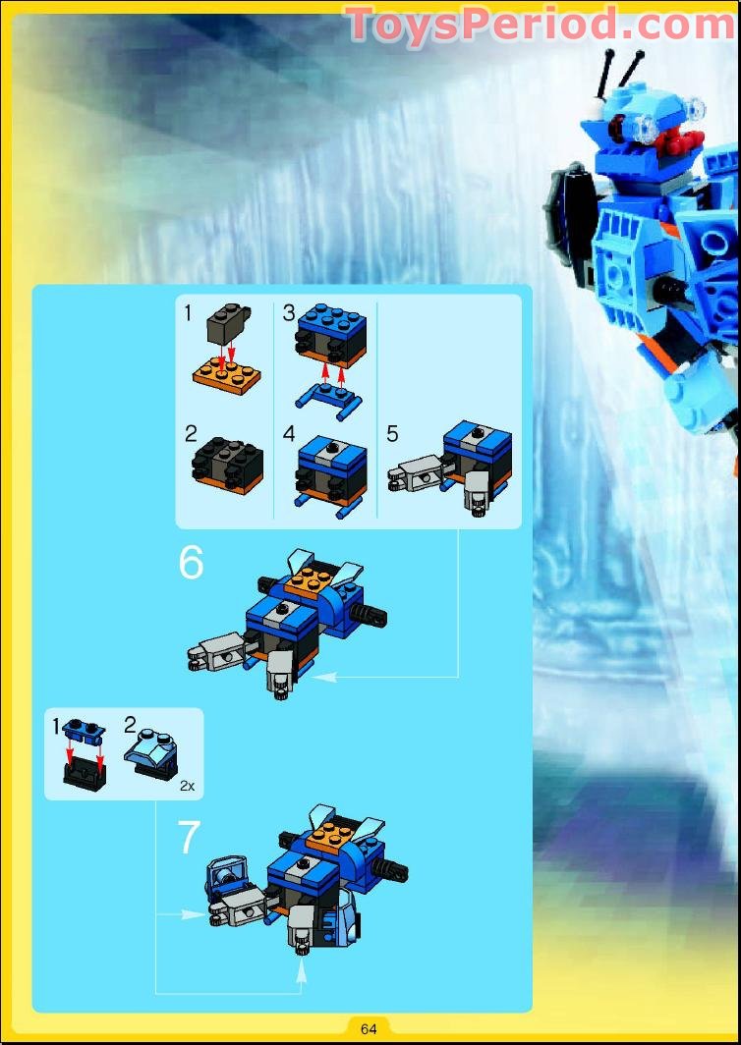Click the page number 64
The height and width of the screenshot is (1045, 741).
coord(369,1028)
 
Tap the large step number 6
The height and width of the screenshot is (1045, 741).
coord(191,563)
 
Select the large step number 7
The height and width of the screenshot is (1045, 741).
coord(189,837)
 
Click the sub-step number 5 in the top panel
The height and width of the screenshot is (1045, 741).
coord(392,434)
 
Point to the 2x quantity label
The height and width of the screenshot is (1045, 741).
coord(187,787)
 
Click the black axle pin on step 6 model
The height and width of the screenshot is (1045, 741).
coord(370,615)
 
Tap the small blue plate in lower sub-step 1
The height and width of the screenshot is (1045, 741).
coord(84,733)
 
